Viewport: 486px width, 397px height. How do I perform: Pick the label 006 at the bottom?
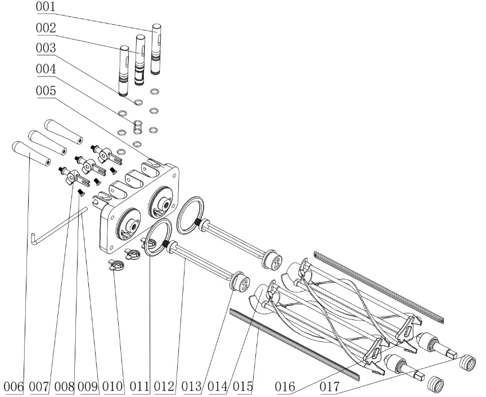coord(13,387)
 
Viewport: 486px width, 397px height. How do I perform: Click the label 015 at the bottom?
coord(238,387)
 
